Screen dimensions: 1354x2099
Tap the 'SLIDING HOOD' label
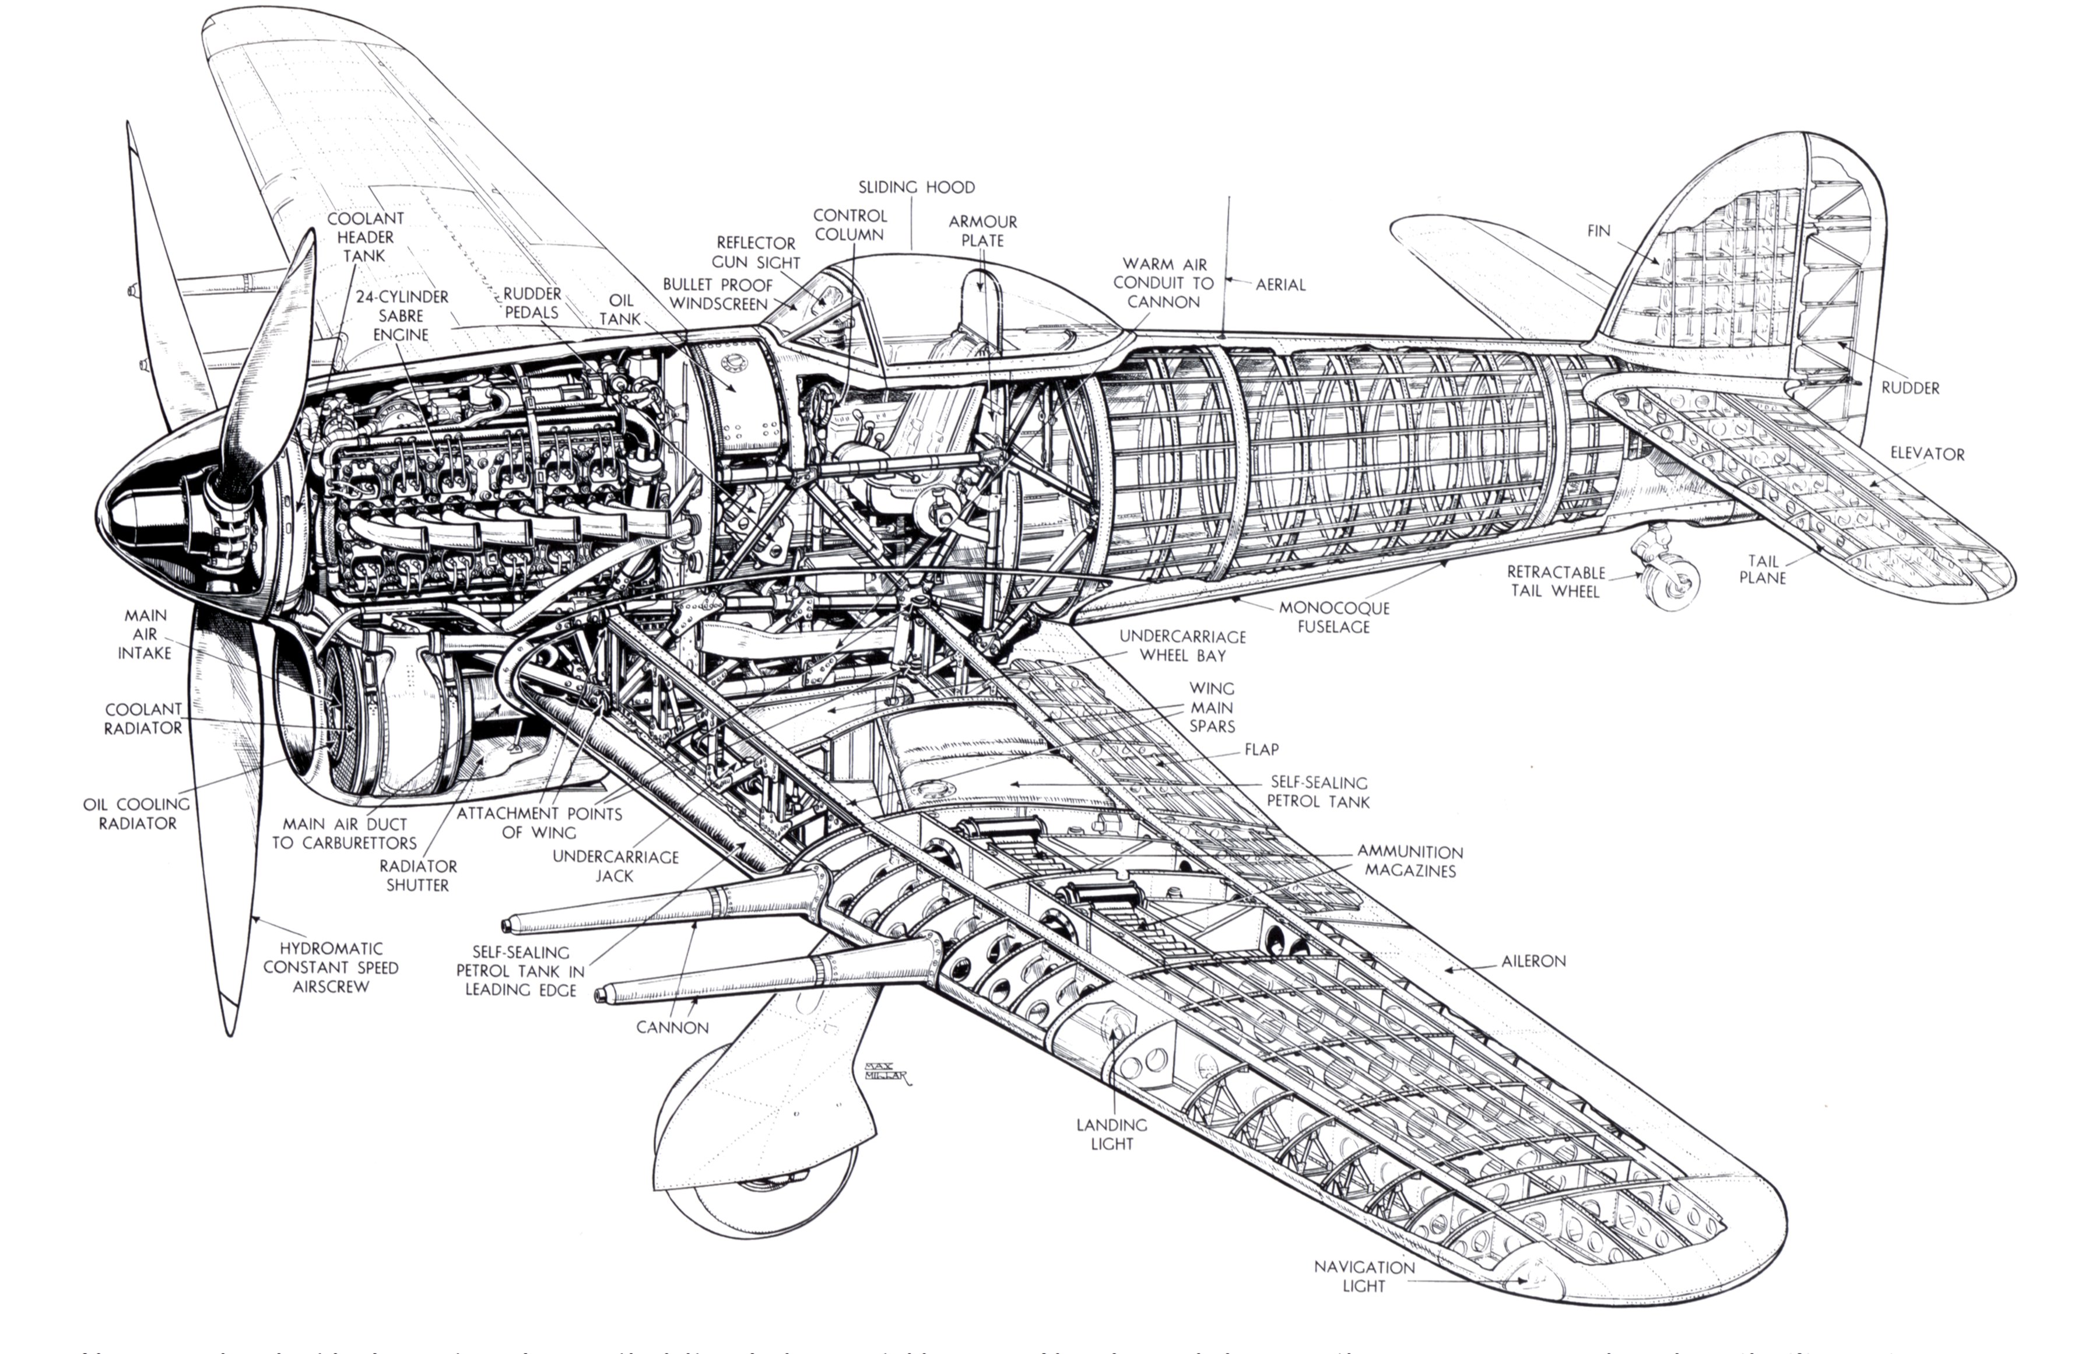click(916, 187)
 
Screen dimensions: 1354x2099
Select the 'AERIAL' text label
click(1280, 285)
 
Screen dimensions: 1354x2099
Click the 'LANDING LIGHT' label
click(1111, 1134)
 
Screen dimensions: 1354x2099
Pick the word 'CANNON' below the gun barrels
click(672, 1028)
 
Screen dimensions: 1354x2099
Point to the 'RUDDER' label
click(1910, 388)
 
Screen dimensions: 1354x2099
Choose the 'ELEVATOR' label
click(1927, 454)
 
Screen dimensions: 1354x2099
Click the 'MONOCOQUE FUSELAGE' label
click(1333, 617)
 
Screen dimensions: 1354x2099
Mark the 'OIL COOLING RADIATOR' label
click(137, 813)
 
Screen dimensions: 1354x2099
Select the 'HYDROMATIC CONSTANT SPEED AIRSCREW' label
click(331, 967)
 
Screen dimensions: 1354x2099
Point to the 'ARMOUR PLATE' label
click(982, 231)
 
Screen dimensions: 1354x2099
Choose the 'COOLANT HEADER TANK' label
click(365, 237)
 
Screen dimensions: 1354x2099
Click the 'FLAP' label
click(1261, 749)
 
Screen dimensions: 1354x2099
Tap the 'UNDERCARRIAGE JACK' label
click(615, 866)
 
